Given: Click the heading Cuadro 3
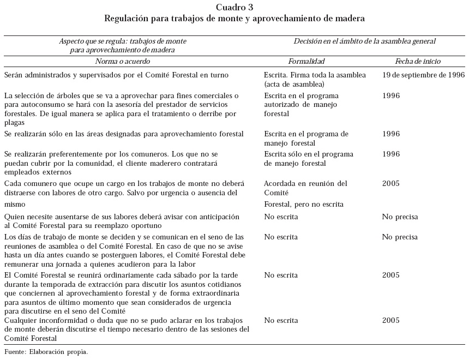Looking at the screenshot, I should [234, 7].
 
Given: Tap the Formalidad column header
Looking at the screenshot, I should [306, 62].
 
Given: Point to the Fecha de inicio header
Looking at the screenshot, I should [418, 62].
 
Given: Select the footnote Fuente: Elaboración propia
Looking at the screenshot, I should [46, 352].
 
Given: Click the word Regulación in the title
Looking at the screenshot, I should [129, 18].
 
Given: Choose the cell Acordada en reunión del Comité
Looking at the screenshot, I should [305, 188].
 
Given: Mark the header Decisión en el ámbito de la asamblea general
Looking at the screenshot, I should [365, 41].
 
